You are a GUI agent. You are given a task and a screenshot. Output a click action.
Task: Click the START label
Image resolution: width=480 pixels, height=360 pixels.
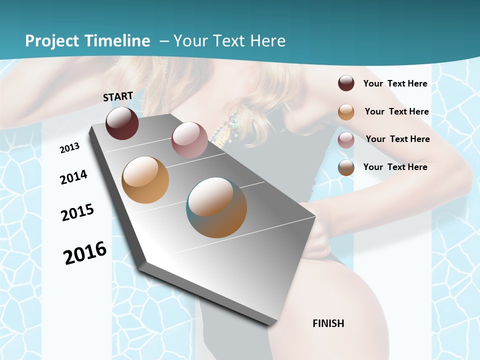[x=118, y=96]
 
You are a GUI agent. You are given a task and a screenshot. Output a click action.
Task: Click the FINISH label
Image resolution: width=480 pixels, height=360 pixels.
[x=328, y=323]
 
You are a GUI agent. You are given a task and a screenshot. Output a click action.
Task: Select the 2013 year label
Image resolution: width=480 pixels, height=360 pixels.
[x=69, y=148]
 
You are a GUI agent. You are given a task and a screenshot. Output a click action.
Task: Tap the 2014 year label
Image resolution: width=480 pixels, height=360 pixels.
[x=73, y=177]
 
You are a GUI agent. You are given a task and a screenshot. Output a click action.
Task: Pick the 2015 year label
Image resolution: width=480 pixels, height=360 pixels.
[x=77, y=212]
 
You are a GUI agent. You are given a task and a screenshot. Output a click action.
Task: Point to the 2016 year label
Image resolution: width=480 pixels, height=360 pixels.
[x=85, y=253]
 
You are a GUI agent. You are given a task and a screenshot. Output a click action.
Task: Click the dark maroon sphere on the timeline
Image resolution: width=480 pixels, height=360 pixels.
[x=122, y=123]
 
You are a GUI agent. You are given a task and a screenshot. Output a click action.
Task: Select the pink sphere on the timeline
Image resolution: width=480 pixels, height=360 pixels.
[x=189, y=140]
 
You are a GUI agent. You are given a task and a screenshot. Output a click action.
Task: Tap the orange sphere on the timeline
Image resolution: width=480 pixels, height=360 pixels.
[x=145, y=180]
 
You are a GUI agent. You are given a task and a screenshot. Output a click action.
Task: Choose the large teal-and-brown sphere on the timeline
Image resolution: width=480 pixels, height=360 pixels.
[x=216, y=207]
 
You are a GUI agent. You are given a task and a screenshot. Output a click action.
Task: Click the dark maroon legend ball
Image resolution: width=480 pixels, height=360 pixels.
[x=346, y=83]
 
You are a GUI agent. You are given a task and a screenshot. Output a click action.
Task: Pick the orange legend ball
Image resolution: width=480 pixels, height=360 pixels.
[x=346, y=111]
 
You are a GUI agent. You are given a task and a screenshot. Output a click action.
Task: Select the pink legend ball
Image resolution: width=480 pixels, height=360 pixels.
[x=346, y=139]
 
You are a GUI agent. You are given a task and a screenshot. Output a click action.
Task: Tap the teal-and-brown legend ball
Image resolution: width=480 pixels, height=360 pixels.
[x=346, y=167]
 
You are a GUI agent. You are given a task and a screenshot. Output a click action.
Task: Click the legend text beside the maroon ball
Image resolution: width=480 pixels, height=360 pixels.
[x=395, y=83]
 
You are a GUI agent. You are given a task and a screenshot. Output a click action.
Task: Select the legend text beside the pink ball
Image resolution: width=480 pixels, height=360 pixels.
[x=397, y=139]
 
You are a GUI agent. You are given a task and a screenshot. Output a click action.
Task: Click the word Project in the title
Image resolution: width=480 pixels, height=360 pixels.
[x=52, y=41]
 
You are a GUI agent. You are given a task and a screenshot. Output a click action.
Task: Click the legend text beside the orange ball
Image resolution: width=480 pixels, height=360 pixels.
[x=396, y=111]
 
